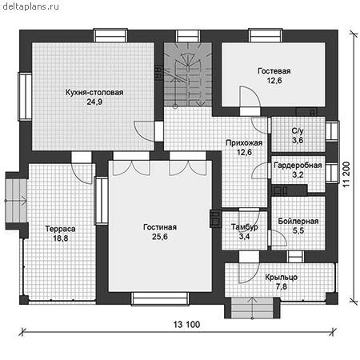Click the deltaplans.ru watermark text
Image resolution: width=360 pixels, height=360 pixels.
click(x=30, y=6)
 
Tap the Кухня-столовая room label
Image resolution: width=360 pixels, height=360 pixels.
click(x=94, y=93)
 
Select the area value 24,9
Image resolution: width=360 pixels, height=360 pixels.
click(x=94, y=102)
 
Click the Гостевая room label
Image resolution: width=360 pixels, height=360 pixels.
click(x=274, y=71)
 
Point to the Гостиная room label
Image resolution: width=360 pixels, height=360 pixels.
click(x=160, y=227)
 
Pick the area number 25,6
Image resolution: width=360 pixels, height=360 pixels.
click(x=160, y=237)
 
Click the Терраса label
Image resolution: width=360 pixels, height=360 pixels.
click(x=60, y=229)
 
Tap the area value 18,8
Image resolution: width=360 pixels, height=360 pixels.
click(x=61, y=238)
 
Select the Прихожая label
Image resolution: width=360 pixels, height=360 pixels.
click(x=244, y=143)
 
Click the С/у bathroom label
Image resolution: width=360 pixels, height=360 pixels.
click(x=298, y=131)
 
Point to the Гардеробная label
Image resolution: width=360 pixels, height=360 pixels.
click(x=298, y=166)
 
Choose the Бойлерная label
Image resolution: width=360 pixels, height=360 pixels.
click(x=298, y=221)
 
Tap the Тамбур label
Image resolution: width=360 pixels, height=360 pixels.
click(x=244, y=227)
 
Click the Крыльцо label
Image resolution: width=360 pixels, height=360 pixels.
click(x=282, y=278)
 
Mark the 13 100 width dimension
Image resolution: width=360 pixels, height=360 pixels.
click(x=186, y=325)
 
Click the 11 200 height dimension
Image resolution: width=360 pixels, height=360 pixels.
click(x=346, y=174)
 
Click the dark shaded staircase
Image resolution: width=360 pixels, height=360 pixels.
click(x=188, y=74)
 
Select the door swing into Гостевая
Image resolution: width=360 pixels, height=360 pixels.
click(x=250, y=97)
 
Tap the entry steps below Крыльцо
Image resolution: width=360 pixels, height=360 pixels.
click(x=252, y=308)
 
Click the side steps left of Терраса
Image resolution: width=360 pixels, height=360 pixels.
click(x=16, y=201)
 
